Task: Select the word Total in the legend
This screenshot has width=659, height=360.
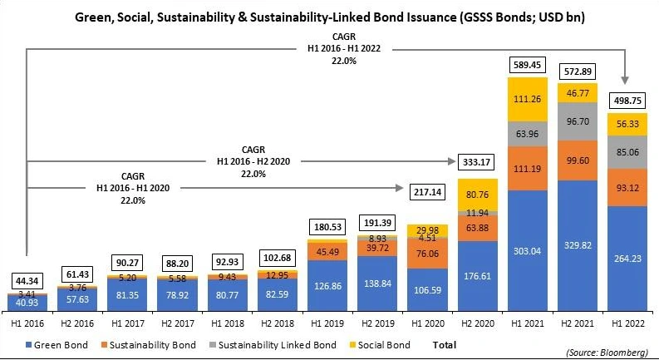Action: [444, 343]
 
